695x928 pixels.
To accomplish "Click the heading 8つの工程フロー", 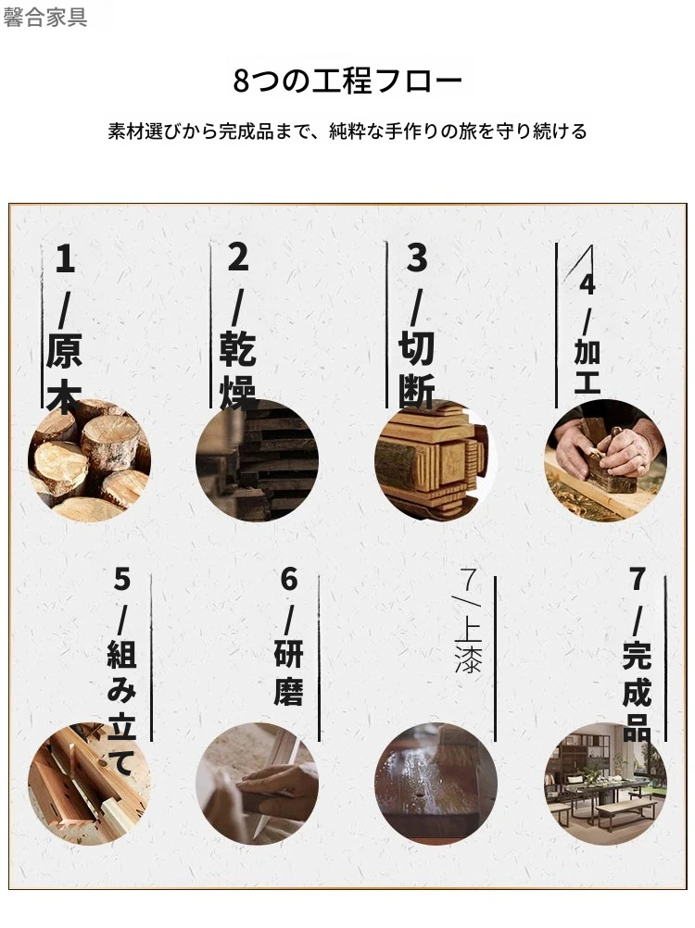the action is [347, 82].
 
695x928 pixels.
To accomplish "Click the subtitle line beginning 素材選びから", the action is [347, 131].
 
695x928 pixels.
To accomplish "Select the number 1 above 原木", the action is [65, 259].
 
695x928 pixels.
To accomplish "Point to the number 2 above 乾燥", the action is [238, 257].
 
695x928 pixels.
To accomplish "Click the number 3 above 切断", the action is [417, 258].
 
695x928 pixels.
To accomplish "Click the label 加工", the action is [588, 367].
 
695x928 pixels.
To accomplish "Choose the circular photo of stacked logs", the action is [89, 460].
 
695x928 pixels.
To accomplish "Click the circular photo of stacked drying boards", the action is [257, 460].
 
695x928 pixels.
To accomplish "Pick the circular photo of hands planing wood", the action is [606, 460].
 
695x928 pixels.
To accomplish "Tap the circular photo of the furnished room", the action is [606, 784].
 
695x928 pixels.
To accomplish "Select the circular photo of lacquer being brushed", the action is [436, 784].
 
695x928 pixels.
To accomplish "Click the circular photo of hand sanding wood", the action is [257, 784].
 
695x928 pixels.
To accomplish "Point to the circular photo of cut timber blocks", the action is [436, 460].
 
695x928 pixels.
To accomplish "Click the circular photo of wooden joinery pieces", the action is [89, 784].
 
